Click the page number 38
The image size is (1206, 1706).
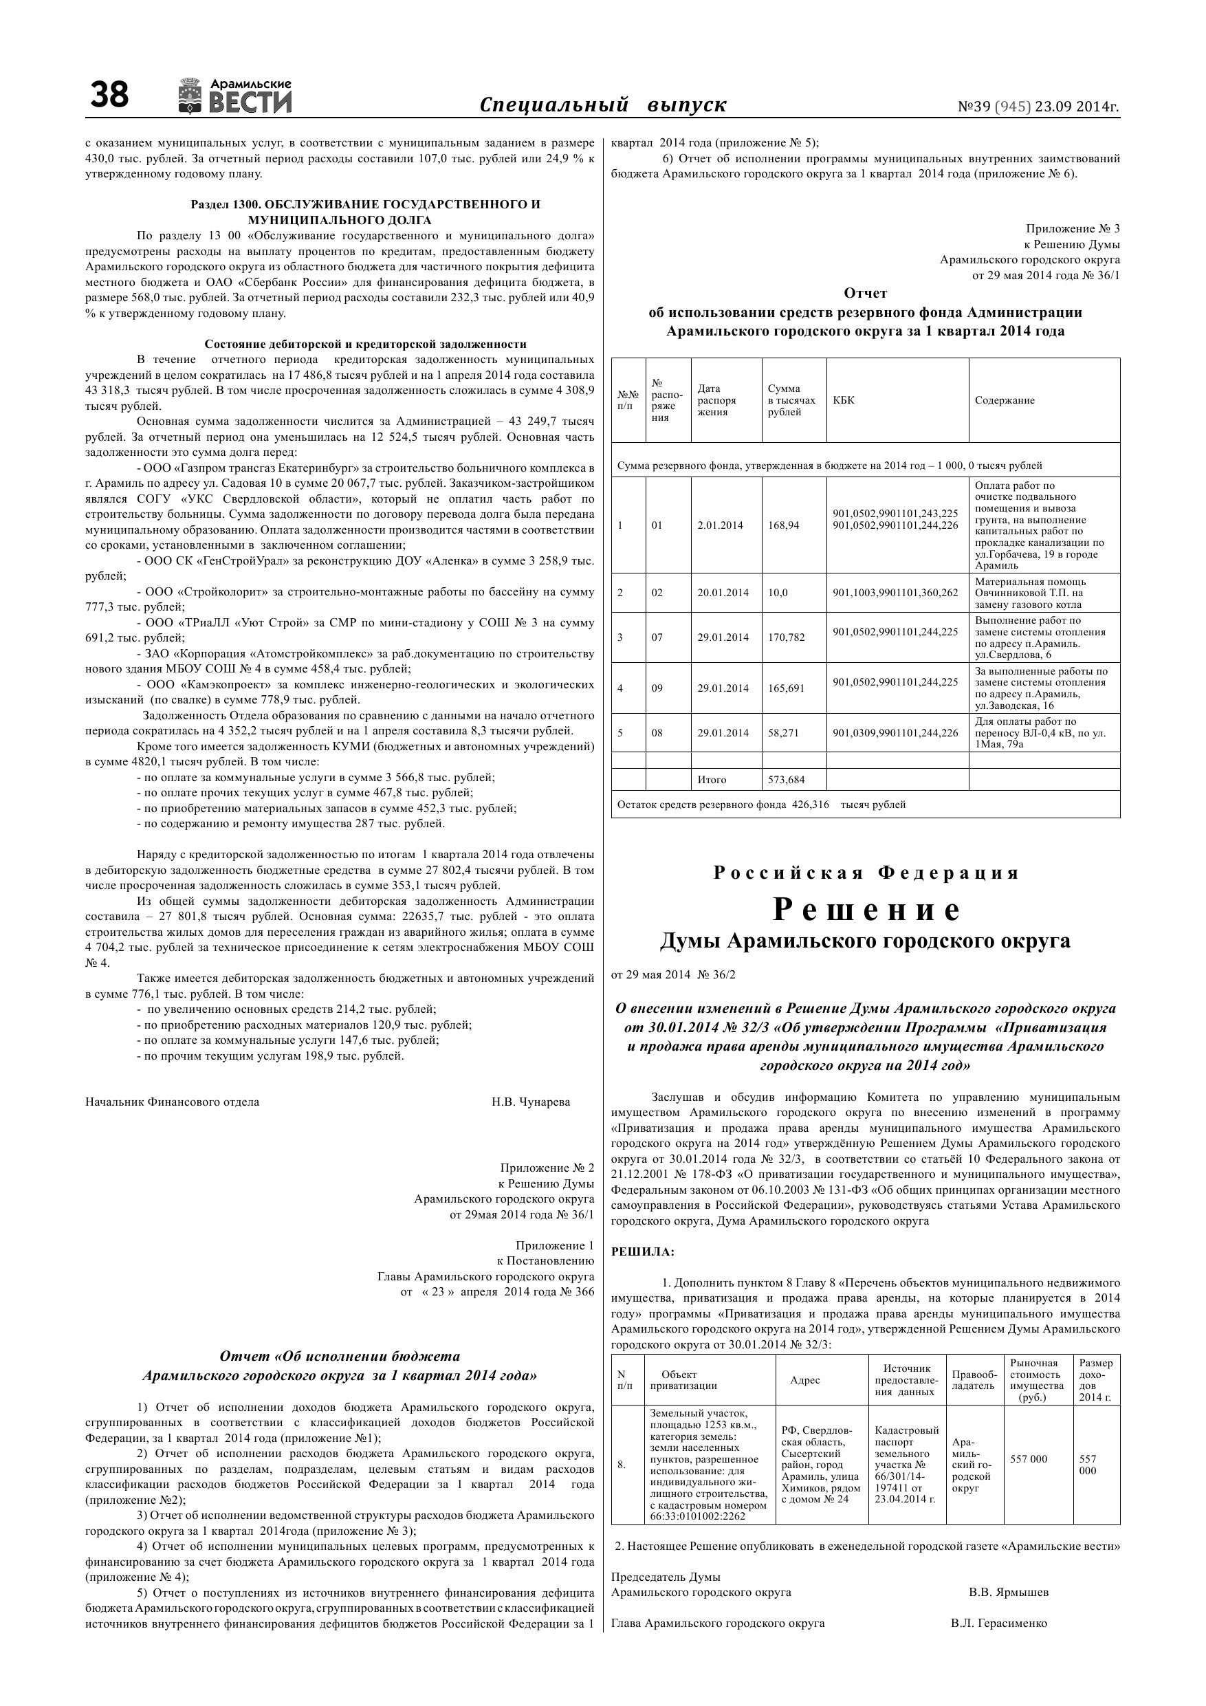pos(109,96)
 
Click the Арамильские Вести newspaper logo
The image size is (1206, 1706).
pos(235,96)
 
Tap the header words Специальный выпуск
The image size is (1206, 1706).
pos(602,105)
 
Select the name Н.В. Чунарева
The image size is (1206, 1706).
pos(531,1102)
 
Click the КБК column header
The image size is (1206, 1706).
pos(844,400)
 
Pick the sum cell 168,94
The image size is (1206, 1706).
pos(783,525)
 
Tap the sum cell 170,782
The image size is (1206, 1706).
pos(786,637)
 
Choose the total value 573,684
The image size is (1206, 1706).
pos(786,780)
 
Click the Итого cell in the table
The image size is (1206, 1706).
pos(712,780)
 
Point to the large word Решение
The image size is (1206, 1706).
pos(866,910)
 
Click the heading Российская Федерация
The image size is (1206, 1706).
pos(866,873)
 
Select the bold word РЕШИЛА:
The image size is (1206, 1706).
pos(643,1252)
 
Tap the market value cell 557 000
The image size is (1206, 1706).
pos(1029,1459)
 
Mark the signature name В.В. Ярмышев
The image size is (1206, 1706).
pos(1009,1593)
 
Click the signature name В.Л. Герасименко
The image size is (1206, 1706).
pos(998,1623)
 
